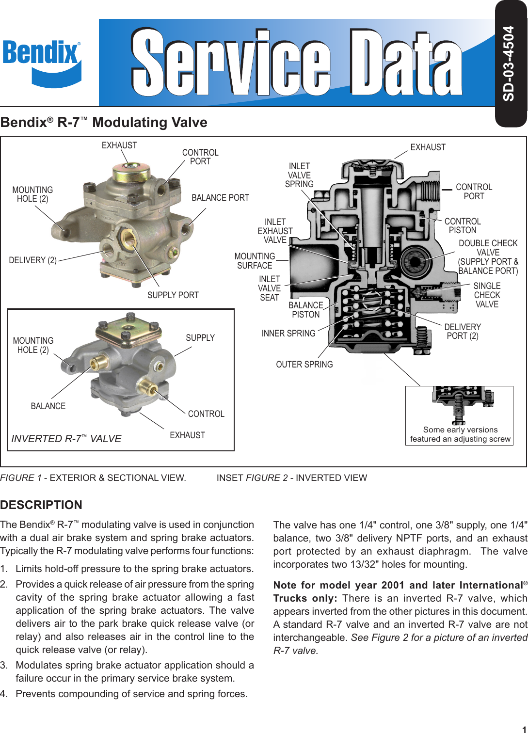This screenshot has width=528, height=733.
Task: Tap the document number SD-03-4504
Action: click(509, 64)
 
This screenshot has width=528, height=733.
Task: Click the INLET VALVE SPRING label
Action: click(299, 175)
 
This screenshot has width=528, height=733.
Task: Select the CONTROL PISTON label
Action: click(463, 226)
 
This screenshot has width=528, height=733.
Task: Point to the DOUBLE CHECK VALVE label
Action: click(488, 257)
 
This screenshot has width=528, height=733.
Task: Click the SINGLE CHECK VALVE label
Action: click(487, 295)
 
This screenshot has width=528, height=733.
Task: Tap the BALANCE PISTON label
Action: click(305, 310)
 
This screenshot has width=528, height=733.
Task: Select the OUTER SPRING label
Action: click(304, 365)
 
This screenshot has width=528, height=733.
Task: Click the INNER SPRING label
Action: click(288, 334)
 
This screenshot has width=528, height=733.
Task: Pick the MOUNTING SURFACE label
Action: click(255, 261)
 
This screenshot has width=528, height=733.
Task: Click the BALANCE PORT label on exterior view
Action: click(220, 198)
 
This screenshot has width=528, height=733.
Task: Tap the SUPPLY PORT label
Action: click(173, 295)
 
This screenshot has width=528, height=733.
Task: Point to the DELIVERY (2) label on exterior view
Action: click(32, 260)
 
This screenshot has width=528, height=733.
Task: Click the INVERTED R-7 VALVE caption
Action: click(66, 439)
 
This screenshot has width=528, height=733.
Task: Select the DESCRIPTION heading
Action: click(41, 505)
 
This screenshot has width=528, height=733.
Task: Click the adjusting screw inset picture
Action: click(459, 405)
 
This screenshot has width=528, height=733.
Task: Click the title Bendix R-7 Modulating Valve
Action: click(104, 122)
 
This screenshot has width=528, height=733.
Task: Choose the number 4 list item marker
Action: click(4, 694)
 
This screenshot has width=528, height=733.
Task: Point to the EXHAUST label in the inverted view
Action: click(187, 435)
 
